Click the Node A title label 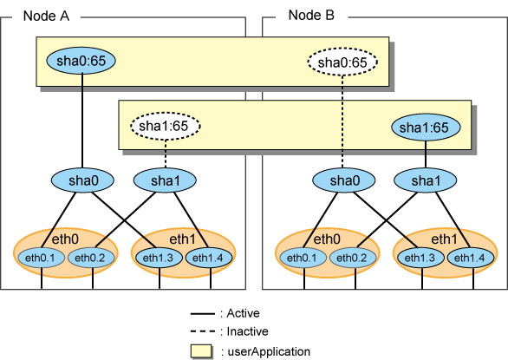46,16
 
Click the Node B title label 311,16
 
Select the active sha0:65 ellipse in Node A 81,61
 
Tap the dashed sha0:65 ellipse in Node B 342,62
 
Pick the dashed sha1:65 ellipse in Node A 166,126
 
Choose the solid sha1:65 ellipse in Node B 426,128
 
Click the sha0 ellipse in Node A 82,180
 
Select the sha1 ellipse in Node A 165,180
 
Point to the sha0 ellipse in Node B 344,180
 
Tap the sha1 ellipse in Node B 426,180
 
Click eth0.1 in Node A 40,259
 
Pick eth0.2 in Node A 91,259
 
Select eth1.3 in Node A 158,259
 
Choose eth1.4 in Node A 209,259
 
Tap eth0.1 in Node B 302,259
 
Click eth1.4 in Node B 471,259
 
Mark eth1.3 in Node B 420,259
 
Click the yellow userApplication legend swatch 201,351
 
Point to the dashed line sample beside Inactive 203,331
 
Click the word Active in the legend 244,313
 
